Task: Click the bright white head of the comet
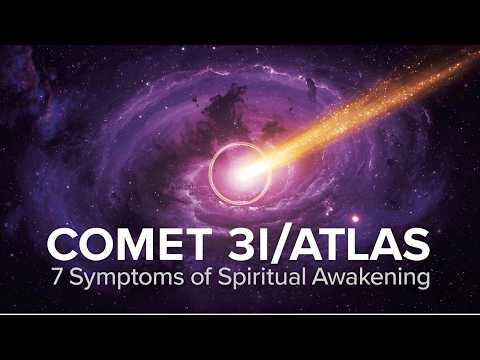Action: [244, 173]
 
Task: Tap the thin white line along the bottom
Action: [240, 314]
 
